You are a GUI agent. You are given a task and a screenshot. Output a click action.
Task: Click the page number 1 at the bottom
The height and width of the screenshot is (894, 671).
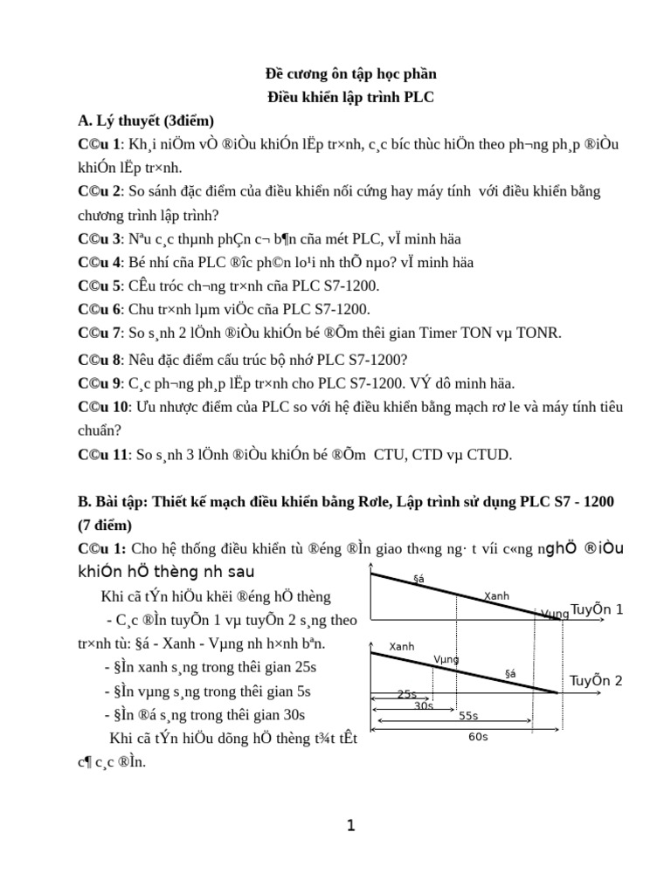(x=350, y=825)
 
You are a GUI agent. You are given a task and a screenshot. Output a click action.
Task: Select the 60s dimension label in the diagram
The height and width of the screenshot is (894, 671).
(x=478, y=737)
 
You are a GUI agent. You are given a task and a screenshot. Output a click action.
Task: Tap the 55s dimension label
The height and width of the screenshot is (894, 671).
(x=468, y=715)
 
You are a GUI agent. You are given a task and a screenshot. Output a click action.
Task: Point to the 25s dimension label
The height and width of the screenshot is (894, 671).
(x=407, y=694)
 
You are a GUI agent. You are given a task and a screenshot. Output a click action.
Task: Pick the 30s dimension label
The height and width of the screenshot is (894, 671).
(x=424, y=705)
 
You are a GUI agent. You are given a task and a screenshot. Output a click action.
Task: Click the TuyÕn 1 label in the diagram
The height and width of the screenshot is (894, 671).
(x=596, y=609)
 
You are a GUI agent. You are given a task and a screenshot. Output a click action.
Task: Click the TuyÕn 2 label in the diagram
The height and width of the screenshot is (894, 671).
(x=596, y=680)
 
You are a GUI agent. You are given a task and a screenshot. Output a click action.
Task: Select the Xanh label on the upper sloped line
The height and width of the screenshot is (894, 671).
(x=496, y=596)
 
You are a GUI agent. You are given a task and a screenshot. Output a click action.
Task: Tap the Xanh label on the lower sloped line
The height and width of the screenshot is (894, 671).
(x=402, y=647)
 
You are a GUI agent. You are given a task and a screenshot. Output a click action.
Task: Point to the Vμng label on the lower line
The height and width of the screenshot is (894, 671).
(x=446, y=659)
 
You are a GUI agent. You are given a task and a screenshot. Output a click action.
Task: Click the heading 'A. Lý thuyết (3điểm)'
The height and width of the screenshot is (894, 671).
(x=146, y=120)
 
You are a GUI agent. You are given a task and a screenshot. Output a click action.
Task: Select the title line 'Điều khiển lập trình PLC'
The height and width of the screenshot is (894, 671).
(x=349, y=97)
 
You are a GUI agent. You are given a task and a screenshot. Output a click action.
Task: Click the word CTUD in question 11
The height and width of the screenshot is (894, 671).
(x=490, y=454)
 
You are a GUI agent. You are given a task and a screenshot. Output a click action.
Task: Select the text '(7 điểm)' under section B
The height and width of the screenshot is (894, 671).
(x=105, y=526)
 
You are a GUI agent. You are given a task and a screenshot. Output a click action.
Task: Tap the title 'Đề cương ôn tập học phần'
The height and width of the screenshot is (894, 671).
(x=349, y=74)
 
